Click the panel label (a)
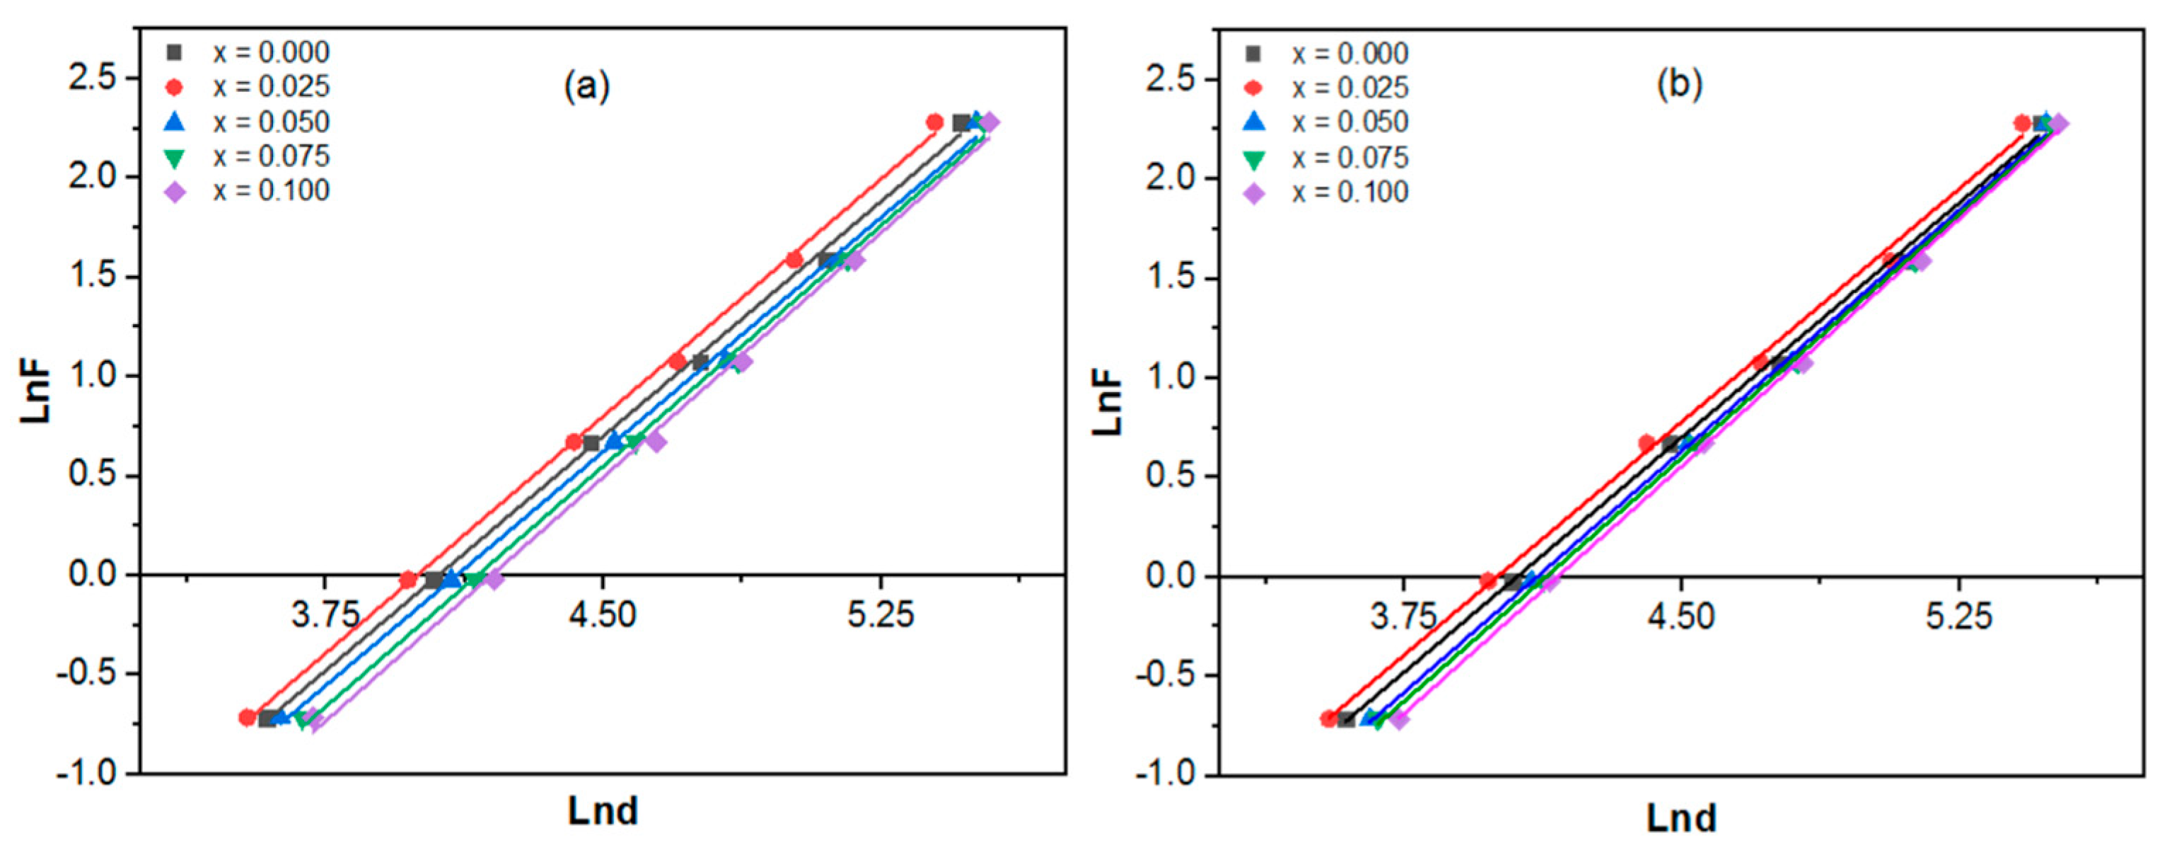point(586,86)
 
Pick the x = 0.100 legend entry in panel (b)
point(1350,193)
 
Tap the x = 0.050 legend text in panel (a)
point(271,122)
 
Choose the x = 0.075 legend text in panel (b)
point(1350,157)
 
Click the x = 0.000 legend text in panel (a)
point(271,52)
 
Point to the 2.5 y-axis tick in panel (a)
point(92,78)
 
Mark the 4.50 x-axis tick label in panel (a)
point(602,616)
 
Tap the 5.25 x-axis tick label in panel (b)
point(1958,618)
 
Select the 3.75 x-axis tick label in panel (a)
point(325,616)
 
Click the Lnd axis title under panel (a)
point(603,811)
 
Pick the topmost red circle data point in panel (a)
point(934,122)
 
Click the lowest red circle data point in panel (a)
point(247,718)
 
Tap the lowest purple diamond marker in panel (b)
point(1398,720)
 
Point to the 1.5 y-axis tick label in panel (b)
point(1171,278)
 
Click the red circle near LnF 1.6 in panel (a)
point(794,260)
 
